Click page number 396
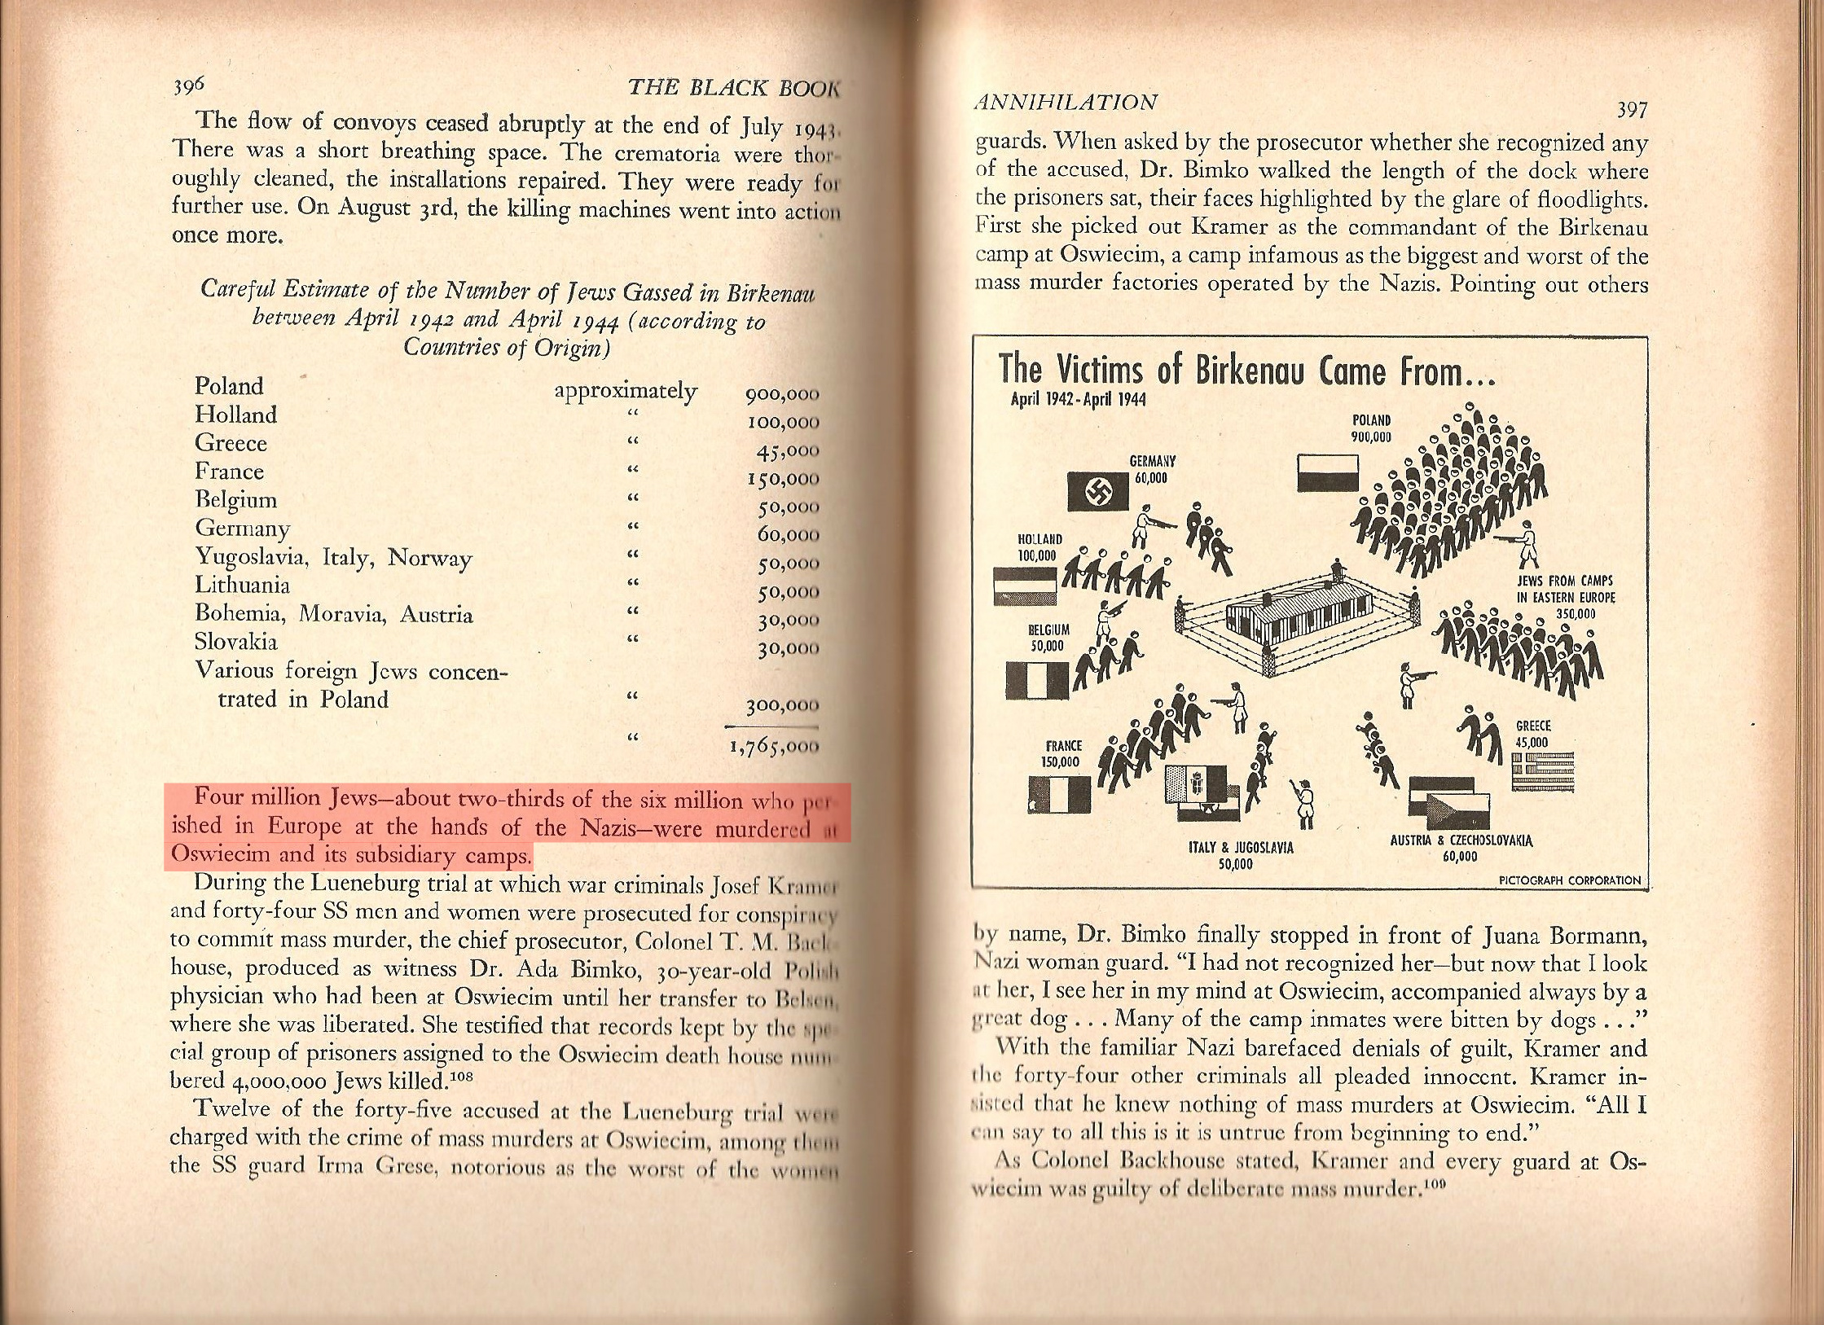pyautogui.click(x=191, y=86)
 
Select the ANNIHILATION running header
pyautogui.click(x=1066, y=102)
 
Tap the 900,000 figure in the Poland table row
pyautogui.click(x=781, y=395)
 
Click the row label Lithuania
pyautogui.click(x=242, y=586)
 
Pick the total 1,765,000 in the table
pyautogui.click(x=774, y=746)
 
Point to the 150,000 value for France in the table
pyautogui.click(x=781, y=479)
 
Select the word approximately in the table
pyautogui.click(x=625, y=391)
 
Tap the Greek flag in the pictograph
pyautogui.click(x=1543, y=770)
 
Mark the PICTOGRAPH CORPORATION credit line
pyautogui.click(x=1569, y=880)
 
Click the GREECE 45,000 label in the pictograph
pyautogui.click(x=1532, y=734)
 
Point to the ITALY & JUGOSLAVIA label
pyautogui.click(x=1241, y=855)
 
